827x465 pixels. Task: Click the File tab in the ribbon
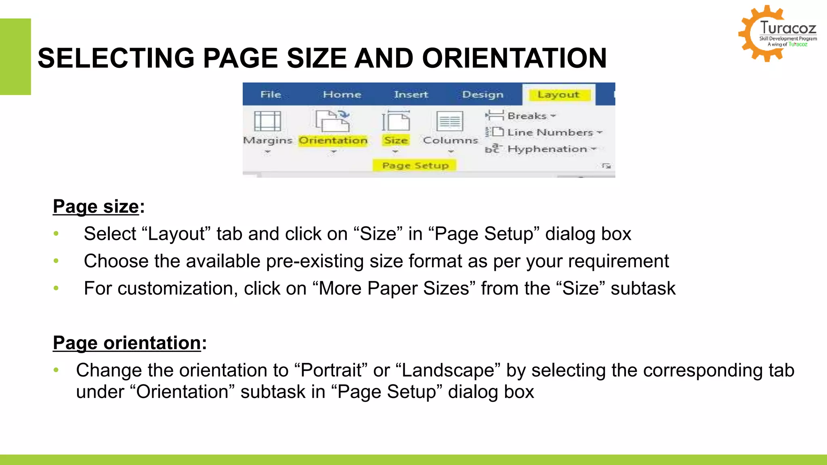pos(271,94)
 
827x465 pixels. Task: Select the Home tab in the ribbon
pos(342,94)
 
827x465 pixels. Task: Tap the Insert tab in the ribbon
pos(411,94)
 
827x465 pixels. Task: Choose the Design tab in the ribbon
pos(483,94)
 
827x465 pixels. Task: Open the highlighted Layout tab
pos(558,94)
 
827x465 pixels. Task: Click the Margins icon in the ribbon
pos(267,121)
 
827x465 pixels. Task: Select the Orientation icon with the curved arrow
pos(333,121)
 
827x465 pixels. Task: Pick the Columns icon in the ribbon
pos(450,121)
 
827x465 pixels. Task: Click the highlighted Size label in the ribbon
pos(396,140)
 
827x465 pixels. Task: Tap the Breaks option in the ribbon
pos(527,116)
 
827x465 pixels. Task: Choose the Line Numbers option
pos(550,132)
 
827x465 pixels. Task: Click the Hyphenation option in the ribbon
pos(547,149)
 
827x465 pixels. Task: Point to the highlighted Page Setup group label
pos(415,165)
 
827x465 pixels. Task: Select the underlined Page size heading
pos(96,207)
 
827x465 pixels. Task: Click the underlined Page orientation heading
pos(127,343)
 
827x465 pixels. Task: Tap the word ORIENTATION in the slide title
pos(514,58)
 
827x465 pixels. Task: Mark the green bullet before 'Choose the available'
pos(56,261)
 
